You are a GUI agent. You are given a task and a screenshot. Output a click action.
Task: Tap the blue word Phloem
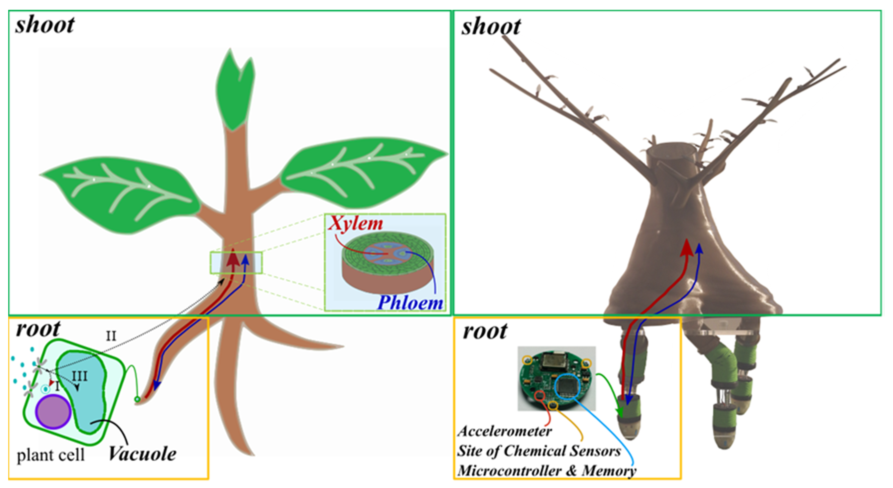(x=410, y=303)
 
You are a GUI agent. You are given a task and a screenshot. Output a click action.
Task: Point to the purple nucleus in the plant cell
(x=54, y=412)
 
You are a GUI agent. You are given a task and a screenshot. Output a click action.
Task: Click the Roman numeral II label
(x=111, y=336)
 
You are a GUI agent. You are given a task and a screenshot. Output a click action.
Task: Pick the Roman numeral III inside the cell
(x=80, y=376)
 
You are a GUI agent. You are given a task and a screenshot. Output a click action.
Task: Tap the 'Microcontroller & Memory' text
(x=547, y=471)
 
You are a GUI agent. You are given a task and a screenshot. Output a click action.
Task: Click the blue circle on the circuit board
(x=567, y=387)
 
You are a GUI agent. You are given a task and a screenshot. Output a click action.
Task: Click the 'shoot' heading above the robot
(x=491, y=27)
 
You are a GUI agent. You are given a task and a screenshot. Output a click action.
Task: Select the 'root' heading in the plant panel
(x=38, y=329)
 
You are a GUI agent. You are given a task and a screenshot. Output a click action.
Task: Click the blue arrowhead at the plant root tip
(x=157, y=385)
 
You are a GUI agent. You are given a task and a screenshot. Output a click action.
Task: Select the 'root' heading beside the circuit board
(x=485, y=331)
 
